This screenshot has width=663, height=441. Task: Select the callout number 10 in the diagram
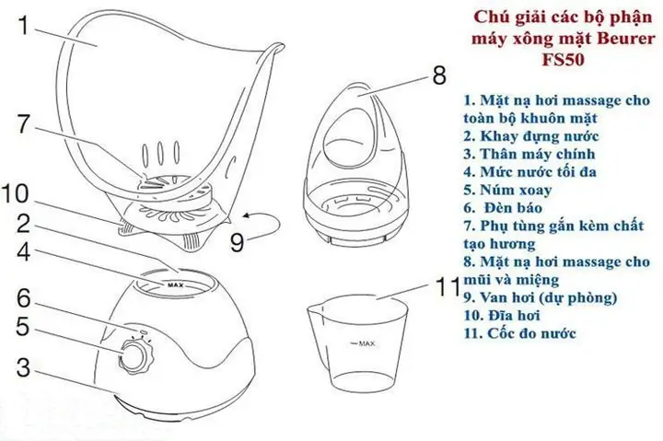(x=26, y=193)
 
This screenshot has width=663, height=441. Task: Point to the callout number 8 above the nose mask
(x=438, y=72)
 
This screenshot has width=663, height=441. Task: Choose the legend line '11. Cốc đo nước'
(x=521, y=332)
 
